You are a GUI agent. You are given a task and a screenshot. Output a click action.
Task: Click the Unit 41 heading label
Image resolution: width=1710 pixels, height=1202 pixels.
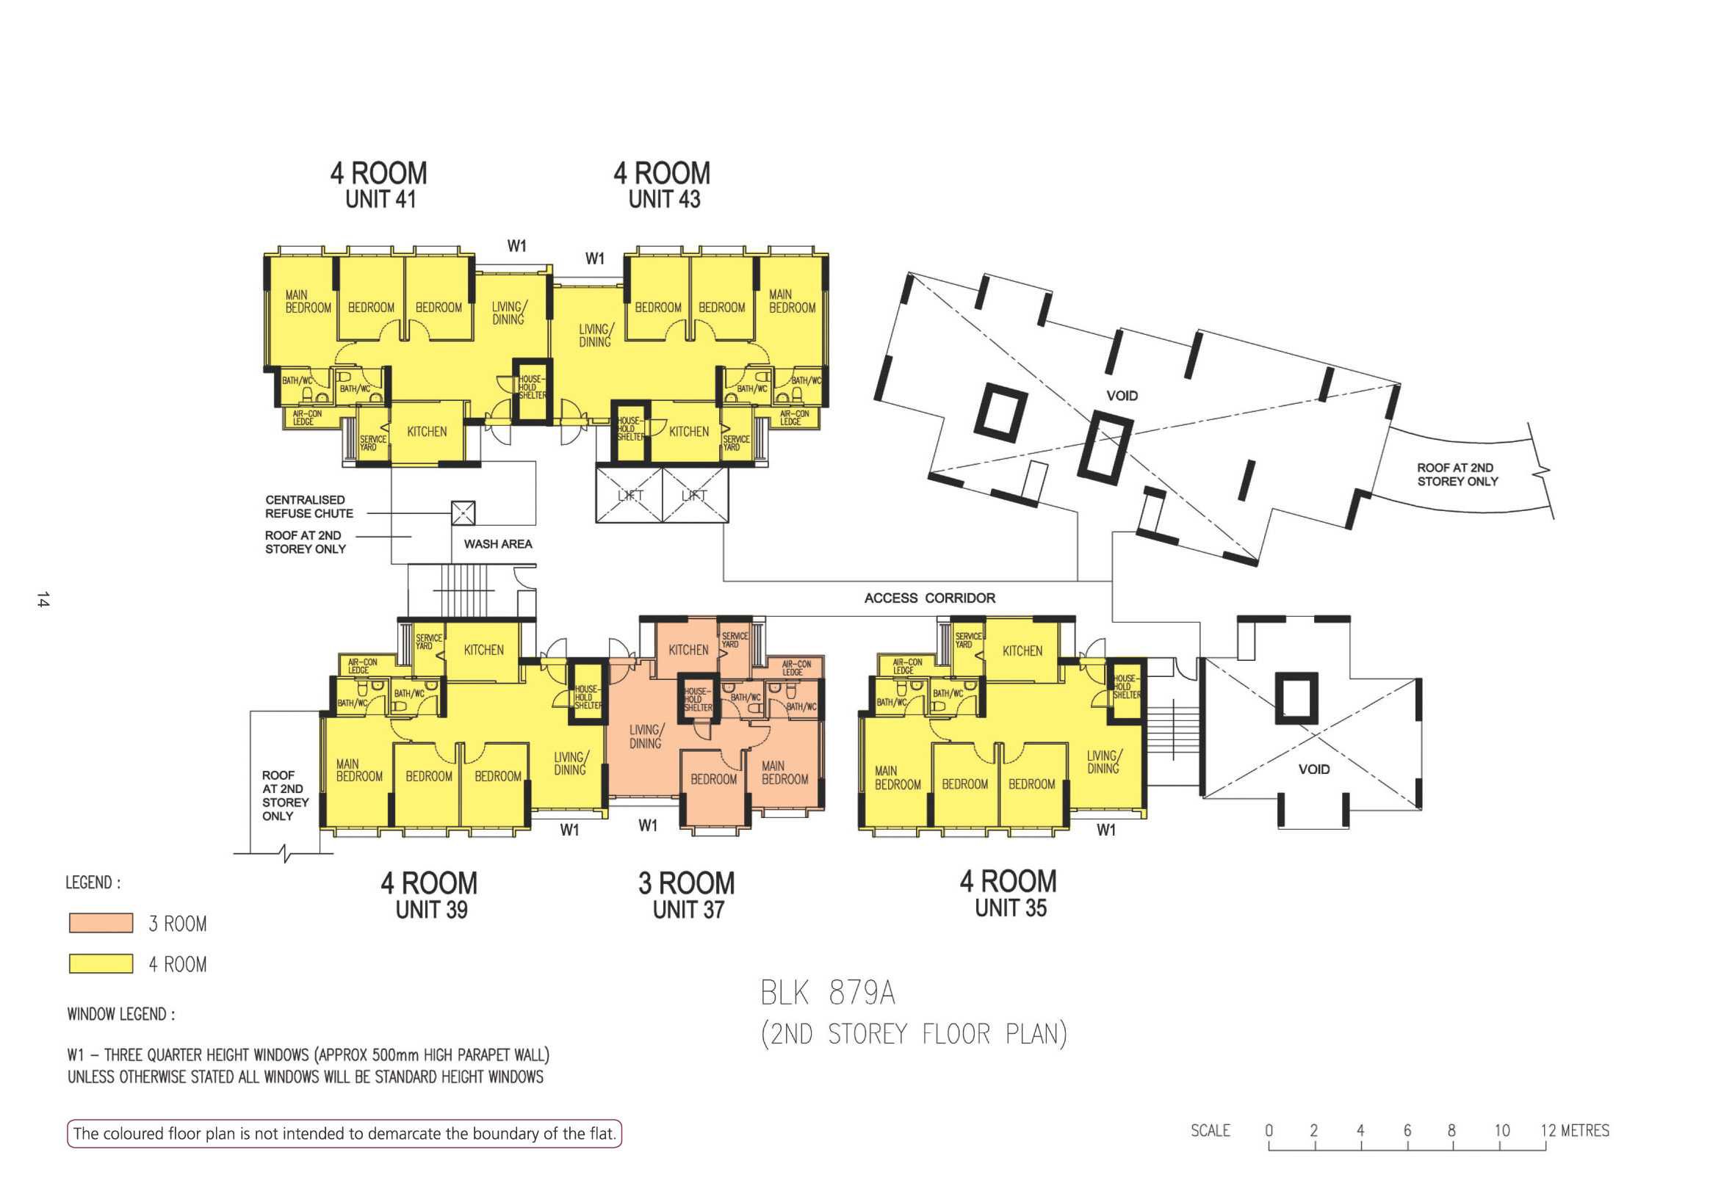click(x=380, y=200)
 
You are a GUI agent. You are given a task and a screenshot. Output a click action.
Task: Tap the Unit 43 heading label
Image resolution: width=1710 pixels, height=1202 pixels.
click(x=664, y=200)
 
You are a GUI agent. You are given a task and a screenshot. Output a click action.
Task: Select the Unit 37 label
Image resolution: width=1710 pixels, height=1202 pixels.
click(x=688, y=909)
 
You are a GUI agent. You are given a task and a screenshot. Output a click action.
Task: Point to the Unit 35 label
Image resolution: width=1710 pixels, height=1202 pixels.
click(x=1011, y=908)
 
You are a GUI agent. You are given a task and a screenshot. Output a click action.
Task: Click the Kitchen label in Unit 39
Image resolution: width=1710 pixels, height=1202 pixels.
click(x=483, y=650)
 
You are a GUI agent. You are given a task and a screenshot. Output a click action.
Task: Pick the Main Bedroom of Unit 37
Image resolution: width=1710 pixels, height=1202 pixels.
click(x=784, y=772)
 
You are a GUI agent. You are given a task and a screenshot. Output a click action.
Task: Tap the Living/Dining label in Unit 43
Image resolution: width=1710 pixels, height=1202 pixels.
click(x=595, y=335)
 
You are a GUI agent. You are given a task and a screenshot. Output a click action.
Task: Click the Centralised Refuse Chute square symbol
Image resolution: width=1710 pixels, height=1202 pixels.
click(x=463, y=513)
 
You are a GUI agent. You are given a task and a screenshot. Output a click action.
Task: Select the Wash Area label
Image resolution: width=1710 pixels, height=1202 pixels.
click(x=497, y=544)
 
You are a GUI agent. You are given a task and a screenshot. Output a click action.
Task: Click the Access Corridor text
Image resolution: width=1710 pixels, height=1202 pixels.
click(x=929, y=598)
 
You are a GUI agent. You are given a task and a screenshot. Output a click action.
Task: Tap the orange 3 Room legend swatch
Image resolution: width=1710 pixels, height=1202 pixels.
click(x=101, y=924)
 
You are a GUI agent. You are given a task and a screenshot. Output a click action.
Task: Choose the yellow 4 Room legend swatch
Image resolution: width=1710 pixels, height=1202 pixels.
click(x=101, y=963)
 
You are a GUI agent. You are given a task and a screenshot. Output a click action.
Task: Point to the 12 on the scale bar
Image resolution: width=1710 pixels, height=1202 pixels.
click(x=1548, y=1131)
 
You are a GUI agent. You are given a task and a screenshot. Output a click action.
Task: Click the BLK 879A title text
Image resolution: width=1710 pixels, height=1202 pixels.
click(x=827, y=993)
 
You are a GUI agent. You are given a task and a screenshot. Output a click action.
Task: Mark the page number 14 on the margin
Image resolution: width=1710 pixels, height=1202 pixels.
click(x=43, y=599)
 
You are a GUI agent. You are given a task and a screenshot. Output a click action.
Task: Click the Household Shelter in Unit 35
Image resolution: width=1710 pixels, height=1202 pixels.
click(x=1126, y=687)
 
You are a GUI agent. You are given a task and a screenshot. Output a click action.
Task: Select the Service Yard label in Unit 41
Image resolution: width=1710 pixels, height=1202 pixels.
click(x=372, y=443)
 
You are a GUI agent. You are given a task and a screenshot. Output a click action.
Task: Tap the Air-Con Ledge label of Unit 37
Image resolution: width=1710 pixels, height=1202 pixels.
click(x=796, y=667)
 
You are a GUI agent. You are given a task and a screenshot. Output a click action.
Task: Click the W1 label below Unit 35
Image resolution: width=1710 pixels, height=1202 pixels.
click(x=1106, y=830)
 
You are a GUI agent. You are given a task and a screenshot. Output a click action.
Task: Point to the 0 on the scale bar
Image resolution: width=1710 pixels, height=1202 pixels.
click(x=1269, y=1131)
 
